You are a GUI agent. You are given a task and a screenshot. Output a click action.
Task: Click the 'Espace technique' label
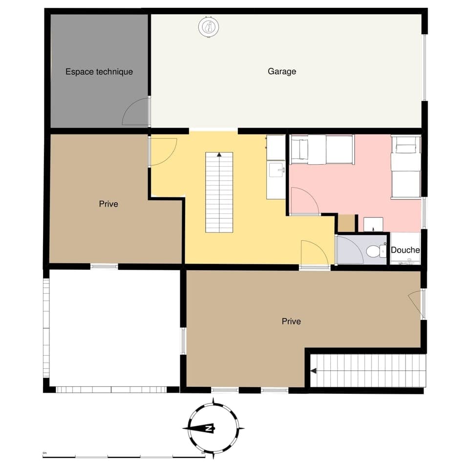pos(99,72)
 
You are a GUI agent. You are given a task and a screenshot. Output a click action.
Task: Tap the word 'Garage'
pos(282,71)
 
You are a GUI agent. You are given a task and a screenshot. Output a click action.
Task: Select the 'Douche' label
pos(405,250)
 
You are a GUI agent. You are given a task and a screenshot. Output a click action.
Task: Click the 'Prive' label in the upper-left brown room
pos(108,204)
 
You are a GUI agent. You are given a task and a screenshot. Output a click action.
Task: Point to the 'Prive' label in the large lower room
pos(291,321)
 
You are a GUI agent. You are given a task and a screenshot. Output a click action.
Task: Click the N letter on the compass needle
pos(209,428)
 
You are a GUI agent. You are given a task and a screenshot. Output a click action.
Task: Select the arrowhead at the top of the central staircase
pos(219,155)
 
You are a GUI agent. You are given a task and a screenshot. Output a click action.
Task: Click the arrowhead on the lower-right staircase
pos(314,371)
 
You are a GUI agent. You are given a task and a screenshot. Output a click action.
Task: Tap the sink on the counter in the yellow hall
pos(276,171)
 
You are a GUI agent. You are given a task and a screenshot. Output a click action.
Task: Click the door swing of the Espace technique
pos(136,112)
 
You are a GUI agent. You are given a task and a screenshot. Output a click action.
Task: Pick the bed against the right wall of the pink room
pos(405,167)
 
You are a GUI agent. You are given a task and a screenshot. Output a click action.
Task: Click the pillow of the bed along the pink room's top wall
pos(299,149)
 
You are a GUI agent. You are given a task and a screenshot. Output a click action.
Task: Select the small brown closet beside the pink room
pos(346,223)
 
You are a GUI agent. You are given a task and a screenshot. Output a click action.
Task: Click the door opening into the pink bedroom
pos(303,201)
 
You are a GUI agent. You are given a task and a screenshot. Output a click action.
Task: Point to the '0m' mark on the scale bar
pos(44,453)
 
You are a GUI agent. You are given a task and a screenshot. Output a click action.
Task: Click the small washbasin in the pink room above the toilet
pos(373,225)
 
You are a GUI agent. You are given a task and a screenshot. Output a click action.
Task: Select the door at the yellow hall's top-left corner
pos(163,151)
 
